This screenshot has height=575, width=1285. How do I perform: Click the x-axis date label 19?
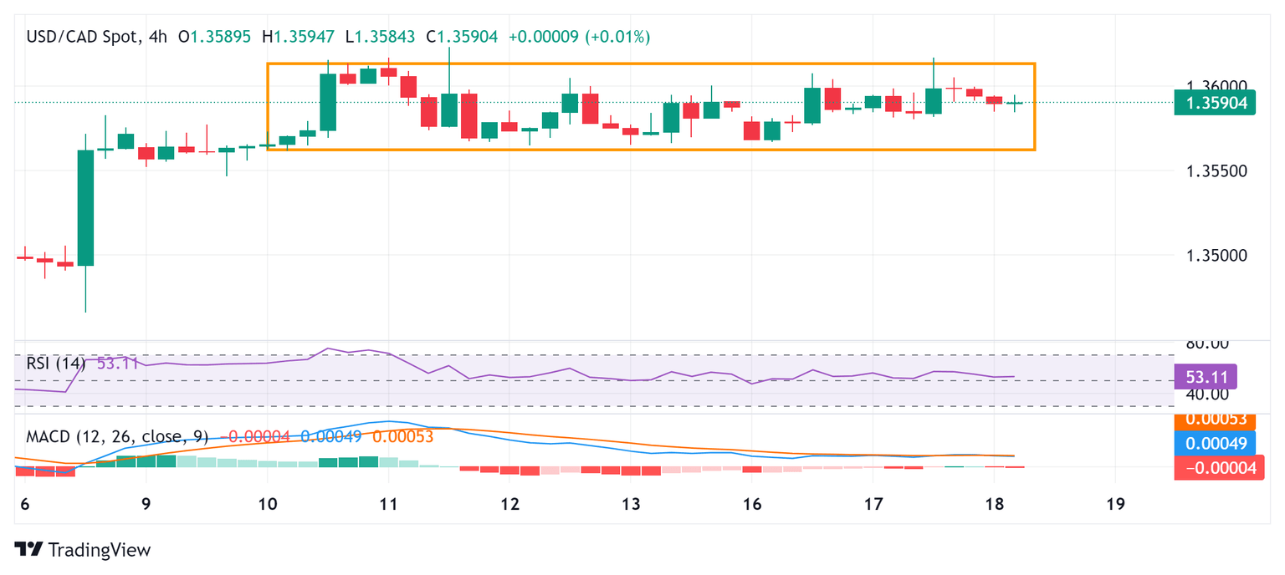1114,504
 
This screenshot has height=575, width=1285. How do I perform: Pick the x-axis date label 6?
25,504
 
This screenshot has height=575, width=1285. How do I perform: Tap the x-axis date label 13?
630,504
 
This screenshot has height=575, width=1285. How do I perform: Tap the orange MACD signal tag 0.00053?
1216,420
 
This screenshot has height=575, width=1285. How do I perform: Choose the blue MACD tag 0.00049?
1216,444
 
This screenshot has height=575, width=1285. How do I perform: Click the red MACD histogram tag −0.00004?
1216,468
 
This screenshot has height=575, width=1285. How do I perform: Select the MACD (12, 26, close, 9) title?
117,436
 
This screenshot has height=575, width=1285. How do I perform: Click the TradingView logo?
84,550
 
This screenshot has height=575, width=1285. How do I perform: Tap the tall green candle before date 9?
85,207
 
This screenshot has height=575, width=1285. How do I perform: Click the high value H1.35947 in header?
298,37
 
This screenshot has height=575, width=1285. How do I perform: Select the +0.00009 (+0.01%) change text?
579,37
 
